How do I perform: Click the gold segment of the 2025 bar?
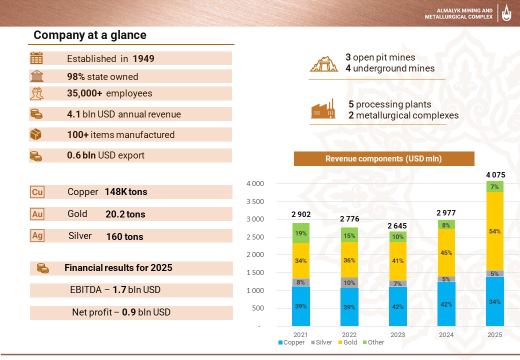[494, 231]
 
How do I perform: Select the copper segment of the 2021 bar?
[300, 306]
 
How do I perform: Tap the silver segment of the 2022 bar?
[349, 282]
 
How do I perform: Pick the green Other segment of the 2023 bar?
[397, 236]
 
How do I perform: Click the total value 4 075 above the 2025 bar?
[495, 175]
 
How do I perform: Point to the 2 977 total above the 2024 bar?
[446, 213]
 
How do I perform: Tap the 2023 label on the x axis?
[397, 335]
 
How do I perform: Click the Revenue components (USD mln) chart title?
[383, 158]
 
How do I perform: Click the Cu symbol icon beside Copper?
[37, 192]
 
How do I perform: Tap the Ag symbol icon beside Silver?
[37, 236]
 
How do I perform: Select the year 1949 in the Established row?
[143, 58]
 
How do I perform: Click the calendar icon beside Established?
[36, 58]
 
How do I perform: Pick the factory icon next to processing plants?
[323, 110]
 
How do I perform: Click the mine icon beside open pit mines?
[323, 63]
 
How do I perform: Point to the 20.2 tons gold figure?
[125, 214]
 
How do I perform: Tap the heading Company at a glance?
[90, 35]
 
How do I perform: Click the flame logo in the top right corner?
[507, 13]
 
